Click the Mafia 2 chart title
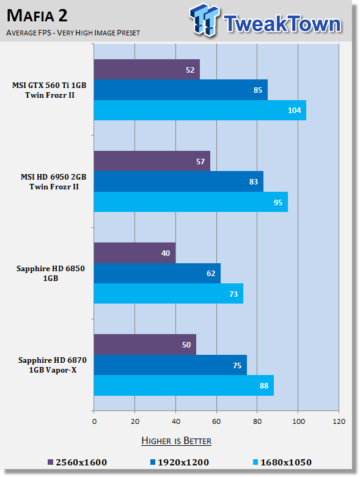tap(37, 16)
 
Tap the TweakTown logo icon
tap(205, 20)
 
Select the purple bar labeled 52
tap(147, 70)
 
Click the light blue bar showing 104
tap(200, 110)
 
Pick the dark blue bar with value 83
tap(178, 181)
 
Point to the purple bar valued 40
tap(135, 253)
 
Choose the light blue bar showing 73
tap(169, 294)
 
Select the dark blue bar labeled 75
tap(171, 365)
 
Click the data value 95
tap(278, 202)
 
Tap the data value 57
tap(200, 161)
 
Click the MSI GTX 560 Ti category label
tap(50, 90)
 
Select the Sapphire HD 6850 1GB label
tap(51, 273)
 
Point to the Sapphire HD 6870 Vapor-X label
tap(53, 365)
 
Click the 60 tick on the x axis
tap(216, 421)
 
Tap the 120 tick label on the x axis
tap(339, 421)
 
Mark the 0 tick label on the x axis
tap(94, 421)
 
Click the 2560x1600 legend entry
tap(78, 462)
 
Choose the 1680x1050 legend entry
tap(282, 462)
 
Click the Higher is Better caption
tap(177, 441)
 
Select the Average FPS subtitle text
tap(73, 32)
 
